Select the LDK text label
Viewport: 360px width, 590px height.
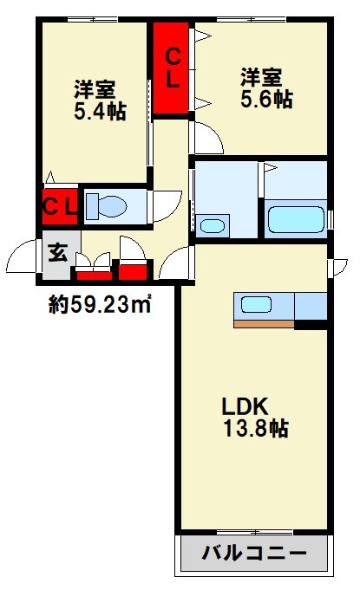(248, 405)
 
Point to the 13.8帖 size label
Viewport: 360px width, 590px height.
(254, 428)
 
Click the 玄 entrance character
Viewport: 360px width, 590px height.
(58, 253)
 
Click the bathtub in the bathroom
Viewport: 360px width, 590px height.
(296, 218)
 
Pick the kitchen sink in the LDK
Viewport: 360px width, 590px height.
(258, 306)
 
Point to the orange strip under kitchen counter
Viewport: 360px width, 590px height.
(263, 324)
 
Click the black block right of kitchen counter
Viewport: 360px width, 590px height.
(311, 325)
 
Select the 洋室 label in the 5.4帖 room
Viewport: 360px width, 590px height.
(94, 89)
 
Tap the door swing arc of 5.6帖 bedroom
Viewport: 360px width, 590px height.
(209, 139)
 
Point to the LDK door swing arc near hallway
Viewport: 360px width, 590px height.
(177, 260)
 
